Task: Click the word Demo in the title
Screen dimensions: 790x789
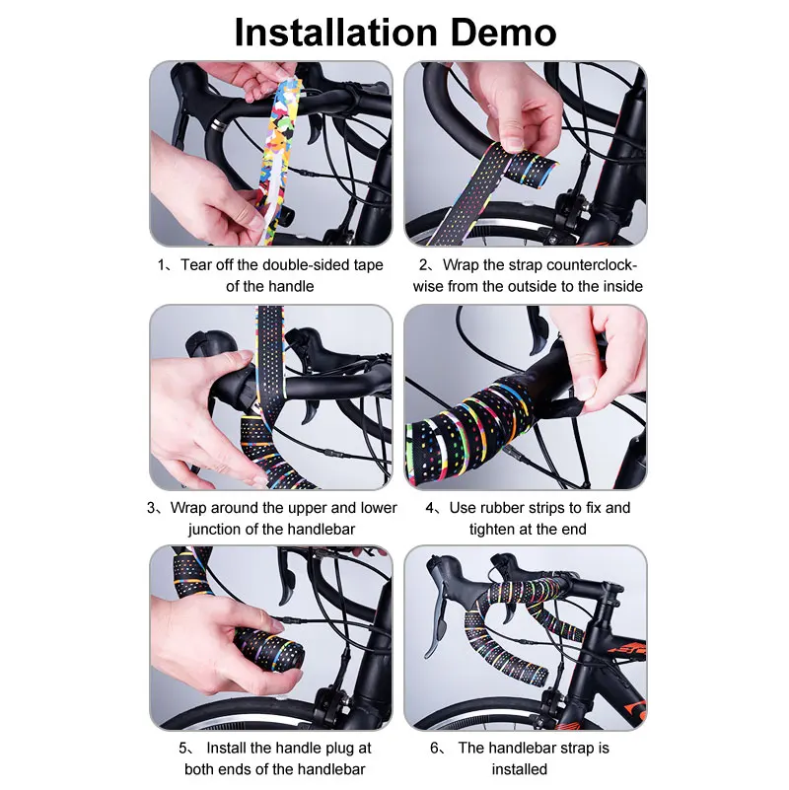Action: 502,32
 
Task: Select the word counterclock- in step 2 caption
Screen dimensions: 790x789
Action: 589,265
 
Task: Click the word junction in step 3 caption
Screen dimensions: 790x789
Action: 219,529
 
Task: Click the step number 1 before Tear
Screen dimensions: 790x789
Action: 162,265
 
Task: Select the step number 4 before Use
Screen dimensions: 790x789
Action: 431,508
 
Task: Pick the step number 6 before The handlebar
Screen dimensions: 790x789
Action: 435,749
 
